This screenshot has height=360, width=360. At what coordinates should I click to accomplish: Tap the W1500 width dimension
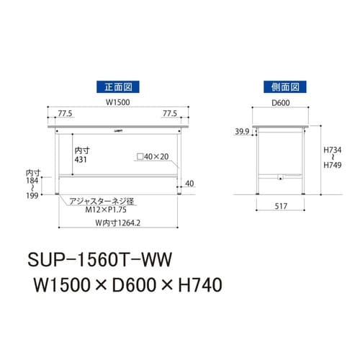pos(118,102)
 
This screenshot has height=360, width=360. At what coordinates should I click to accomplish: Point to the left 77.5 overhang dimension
pos(66,114)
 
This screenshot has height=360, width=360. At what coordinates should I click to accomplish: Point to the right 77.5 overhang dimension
pos(170,114)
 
